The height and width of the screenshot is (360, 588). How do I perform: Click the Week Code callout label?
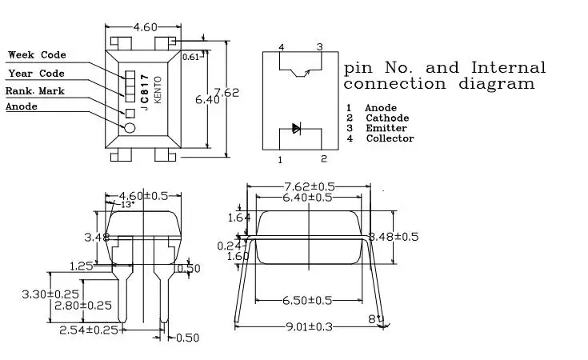tap(37, 55)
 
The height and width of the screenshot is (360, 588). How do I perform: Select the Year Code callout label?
tap(36, 74)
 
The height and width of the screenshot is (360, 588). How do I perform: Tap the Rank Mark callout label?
tap(35, 91)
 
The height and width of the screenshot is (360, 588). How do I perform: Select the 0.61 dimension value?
tap(191, 57)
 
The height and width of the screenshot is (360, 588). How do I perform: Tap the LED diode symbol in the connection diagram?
tap(296, 128)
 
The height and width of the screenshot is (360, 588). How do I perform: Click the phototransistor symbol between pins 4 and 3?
tap(302, 73)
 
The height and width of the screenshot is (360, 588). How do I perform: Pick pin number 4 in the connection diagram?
tap(281, 48)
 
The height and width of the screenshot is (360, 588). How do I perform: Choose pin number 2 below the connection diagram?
tap(324, 158)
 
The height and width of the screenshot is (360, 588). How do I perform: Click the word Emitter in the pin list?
tap(386, 128)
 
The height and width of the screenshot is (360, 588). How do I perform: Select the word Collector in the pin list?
tap(390, 138)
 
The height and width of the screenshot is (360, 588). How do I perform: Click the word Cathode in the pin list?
tap(388, 118)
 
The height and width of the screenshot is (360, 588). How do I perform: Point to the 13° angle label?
tap(128, 204)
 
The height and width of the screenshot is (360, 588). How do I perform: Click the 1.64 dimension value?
tap(239, 217)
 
